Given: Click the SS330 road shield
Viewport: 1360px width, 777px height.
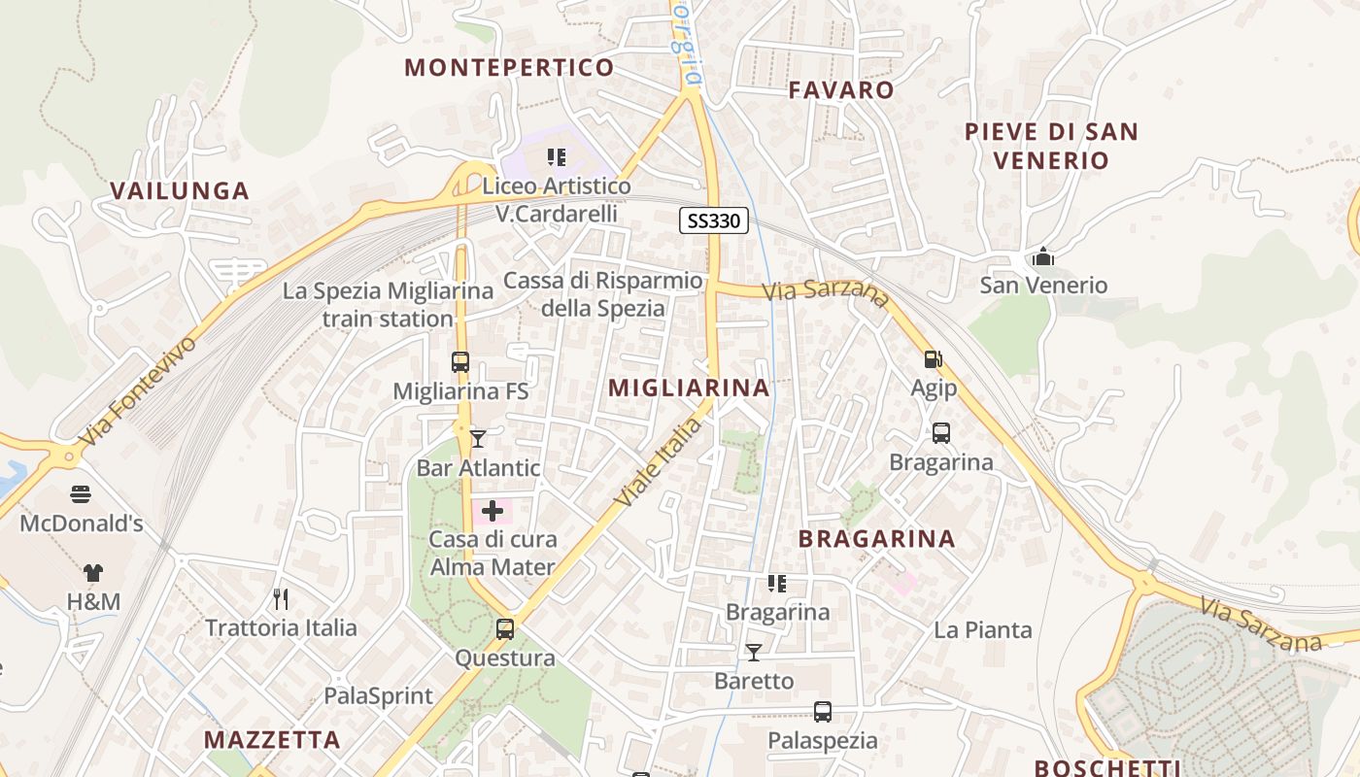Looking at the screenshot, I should [713, 221].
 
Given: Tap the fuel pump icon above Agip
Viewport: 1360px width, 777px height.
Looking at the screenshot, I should [933, 359].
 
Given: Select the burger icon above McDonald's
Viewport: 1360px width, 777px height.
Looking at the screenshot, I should [81, 494].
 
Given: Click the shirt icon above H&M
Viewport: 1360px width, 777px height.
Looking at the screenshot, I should [93, 573].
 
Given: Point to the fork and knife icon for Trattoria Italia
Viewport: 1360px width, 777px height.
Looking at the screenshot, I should [281, 598].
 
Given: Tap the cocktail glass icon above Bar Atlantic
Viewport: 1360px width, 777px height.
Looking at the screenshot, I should [477, 439].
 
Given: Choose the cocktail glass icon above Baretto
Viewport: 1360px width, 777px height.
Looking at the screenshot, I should [754, 652].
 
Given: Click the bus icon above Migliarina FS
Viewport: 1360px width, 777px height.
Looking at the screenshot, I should [460, 362].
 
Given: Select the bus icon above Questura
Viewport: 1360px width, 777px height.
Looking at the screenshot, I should [505, 628].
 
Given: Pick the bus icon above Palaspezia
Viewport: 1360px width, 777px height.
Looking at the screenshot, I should [823, 712].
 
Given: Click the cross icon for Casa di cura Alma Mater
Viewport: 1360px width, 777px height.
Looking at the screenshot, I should [493, 510].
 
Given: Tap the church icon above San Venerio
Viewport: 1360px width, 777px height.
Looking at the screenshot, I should [1043, 256].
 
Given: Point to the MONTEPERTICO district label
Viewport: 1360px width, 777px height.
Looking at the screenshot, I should [509, 67].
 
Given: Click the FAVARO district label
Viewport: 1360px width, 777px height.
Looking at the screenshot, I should [841, 90].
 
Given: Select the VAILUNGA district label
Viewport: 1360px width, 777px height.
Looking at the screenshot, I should [180, 190].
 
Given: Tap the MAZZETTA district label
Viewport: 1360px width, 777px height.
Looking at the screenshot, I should [272, 740].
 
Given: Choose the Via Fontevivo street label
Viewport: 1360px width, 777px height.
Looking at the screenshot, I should [138, 390].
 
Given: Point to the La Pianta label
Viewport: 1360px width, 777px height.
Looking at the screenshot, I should [983, 630].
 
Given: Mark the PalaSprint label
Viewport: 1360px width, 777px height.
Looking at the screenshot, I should [378, 695].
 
